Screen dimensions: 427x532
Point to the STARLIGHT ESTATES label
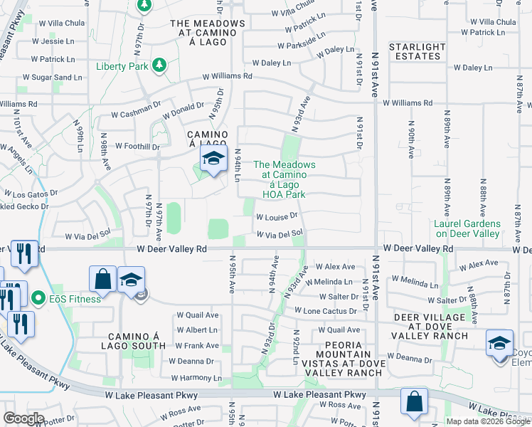click(417, 51)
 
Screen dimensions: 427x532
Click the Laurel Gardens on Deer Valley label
click(467, 228)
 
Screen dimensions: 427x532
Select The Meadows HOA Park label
click(284, 179)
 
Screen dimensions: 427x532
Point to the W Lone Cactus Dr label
click(330, 312)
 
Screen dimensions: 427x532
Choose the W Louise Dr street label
click(277, 216)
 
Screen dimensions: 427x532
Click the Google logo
click(23, 418)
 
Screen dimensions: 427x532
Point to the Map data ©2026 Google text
click(488, 421)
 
